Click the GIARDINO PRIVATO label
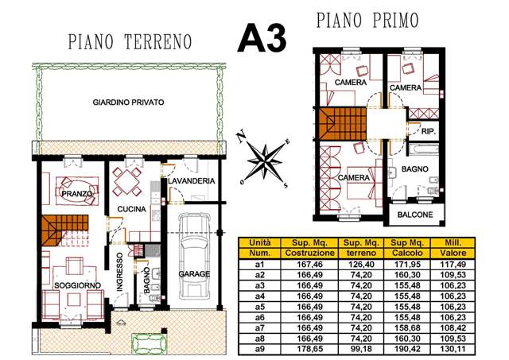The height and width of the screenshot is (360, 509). coord(128,103)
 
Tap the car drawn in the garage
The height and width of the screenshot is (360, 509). coord(194,256)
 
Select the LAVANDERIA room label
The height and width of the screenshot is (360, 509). coord(191,181)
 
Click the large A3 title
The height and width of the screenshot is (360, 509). coord(262,38)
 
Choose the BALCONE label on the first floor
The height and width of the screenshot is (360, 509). coord(415,215)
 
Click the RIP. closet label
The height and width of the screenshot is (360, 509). coord(428,132)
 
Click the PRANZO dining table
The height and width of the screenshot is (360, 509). coord(77,191)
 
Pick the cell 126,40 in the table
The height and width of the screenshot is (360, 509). coord(361,265)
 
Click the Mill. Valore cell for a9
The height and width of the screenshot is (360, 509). coord(453,349)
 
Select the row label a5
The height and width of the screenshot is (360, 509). coord(260,307)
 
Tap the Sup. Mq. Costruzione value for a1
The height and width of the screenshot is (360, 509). coord(309,265)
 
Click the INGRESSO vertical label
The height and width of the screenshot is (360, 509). coord(120,272)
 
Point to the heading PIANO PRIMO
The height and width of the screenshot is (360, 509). coord(367,20)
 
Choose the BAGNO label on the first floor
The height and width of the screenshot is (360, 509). coord(415,169)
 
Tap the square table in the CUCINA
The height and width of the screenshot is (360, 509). coord(126,182)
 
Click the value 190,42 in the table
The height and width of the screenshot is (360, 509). coord(407,349)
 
